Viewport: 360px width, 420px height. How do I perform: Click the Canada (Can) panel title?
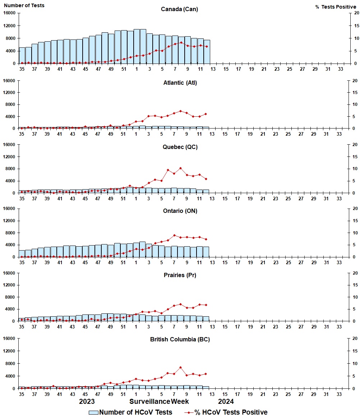click(x=179, y=9)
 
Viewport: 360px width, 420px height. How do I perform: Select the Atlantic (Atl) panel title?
click(x=179, y=83)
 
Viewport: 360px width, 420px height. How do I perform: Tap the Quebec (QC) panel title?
click(x=179, y=147)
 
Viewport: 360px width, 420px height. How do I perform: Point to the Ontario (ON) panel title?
click(x=179, y=211)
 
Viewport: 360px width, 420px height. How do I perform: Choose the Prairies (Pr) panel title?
click(x=179, y=275)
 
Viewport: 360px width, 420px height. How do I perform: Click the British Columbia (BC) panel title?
click(x=180, y=340)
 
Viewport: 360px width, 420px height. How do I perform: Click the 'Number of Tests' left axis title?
click(x=24, y=5)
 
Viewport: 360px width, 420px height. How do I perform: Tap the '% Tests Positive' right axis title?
click(x=336, y=7)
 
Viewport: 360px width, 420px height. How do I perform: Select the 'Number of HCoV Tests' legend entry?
click(x=130, y=412)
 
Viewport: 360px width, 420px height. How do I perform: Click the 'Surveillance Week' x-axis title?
click(x=159, y=401)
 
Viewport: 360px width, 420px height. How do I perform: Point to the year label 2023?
click(x=87, y=401)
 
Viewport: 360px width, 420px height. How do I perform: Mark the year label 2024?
click(x=226, y=401)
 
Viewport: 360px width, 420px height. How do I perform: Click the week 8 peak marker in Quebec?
click(x=180, y=168)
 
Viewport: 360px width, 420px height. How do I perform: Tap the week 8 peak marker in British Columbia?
click(x=180, y=367)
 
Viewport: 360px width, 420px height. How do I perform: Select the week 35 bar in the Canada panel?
click(x=22, y=56)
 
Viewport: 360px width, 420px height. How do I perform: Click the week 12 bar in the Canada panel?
click(x=207, y=52)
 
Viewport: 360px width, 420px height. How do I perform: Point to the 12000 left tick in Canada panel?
click(x=10, y=26)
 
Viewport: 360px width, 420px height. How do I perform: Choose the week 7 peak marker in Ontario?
click(x=174, y=235)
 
